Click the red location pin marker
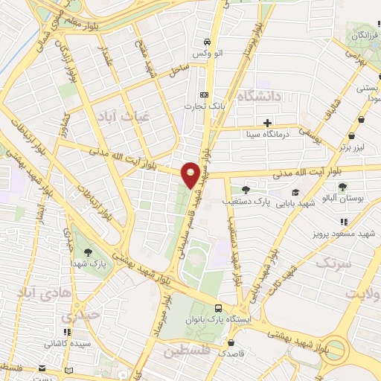pyautogui.click(x=190, y=174)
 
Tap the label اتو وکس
pyautogui.click(x=208, y=55)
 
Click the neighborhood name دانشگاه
pyautogui.click(x=258, y=96)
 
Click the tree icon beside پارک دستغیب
pyautogui.click(x=245, y=190)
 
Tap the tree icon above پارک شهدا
pyautogui.click(x=89, y=253)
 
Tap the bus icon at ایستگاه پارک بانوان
pyautogui.click(x=217, y=307)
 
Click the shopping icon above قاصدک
pyautogui.click(x=232, y=344)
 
